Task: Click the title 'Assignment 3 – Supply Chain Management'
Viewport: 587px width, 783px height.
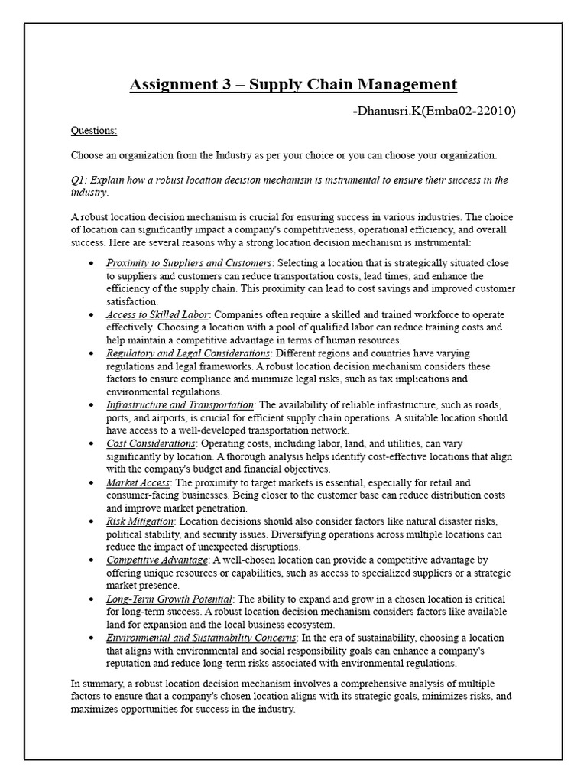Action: pyautogui.click(x=293, y=84)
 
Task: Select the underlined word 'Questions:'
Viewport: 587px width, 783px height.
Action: pyautogui.click(x=94, y=131)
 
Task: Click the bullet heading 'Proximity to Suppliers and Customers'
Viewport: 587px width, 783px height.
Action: pyautogui.click(x=189, y=263)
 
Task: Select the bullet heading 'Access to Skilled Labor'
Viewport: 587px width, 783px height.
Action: pyautogui.click(x=157, y=314)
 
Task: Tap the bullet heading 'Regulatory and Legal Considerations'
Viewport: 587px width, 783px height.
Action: pyautogui.click(x=188, y=353)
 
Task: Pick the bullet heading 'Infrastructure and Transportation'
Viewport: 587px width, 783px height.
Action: pyautogui.click(x=180, y=404)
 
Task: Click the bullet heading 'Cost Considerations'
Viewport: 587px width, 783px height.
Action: pyautogui.click(x=151, y=443)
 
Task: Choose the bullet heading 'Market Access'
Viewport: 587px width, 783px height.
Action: pyautogui.click(x=139, y=482)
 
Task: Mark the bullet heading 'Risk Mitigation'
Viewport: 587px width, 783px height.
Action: pyautogui.click(x=140, y=521)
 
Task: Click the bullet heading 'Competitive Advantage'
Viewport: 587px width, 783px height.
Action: pyautogui.click(x=157, y=560)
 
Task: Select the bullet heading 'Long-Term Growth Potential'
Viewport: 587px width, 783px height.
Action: pyautogui.click(x=169, y=599)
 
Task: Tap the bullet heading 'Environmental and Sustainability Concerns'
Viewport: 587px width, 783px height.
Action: pyautogui.click(x=201, y=638)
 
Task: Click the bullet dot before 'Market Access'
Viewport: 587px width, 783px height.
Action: pyautogui.click(x=91, y=483)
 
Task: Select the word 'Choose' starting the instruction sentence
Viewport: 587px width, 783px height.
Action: pyautogui.click(x=87, y=156)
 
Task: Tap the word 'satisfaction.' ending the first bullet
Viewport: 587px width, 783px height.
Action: pyautogui.click(x=132, y=302)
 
